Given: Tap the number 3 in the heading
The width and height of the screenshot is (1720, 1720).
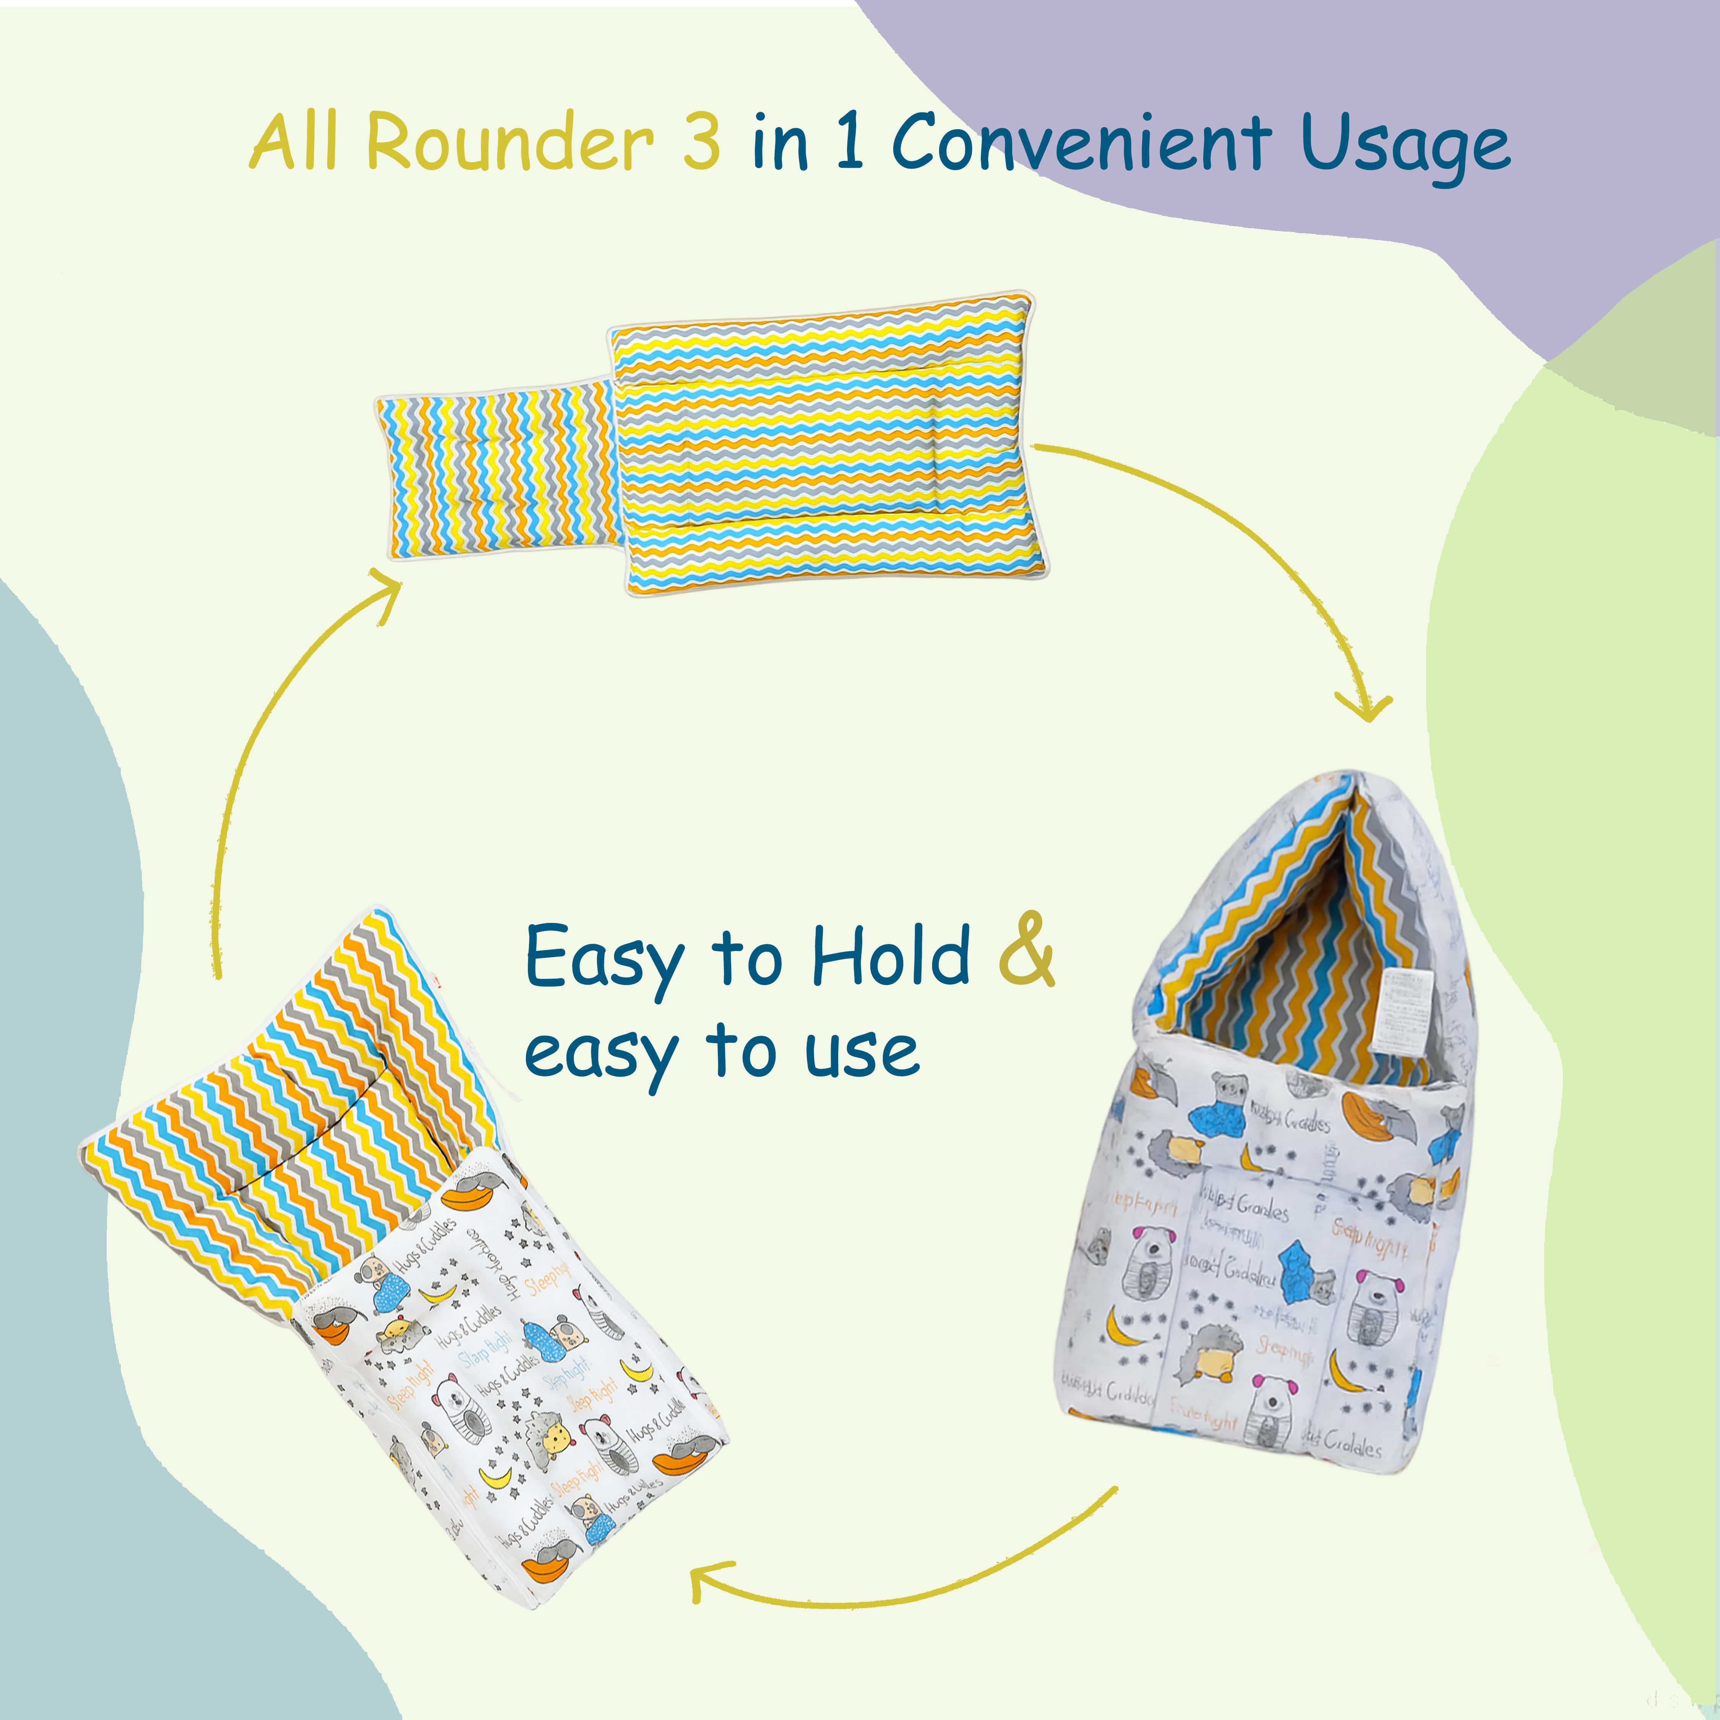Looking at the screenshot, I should [701, 143].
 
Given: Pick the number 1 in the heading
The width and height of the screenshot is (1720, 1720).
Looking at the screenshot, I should [849, 143].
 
